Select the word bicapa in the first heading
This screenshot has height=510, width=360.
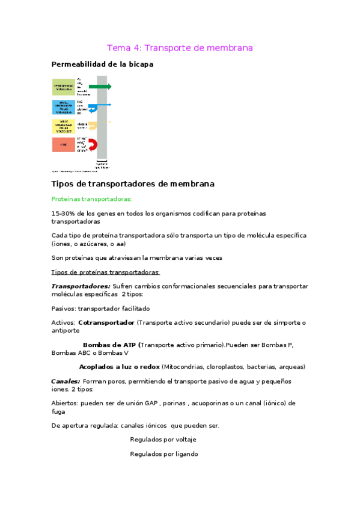[138, 64]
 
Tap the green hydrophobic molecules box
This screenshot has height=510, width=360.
[64, 87]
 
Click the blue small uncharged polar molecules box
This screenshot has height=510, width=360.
[64, 107]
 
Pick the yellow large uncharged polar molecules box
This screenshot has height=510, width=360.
[64, 126]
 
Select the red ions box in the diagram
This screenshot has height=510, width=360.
[64, 145]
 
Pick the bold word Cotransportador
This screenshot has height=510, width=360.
[106, 323]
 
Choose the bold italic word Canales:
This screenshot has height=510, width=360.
[66, 381]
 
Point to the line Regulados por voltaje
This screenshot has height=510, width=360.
[163, 440]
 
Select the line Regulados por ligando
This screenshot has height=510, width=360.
[163, 455]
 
